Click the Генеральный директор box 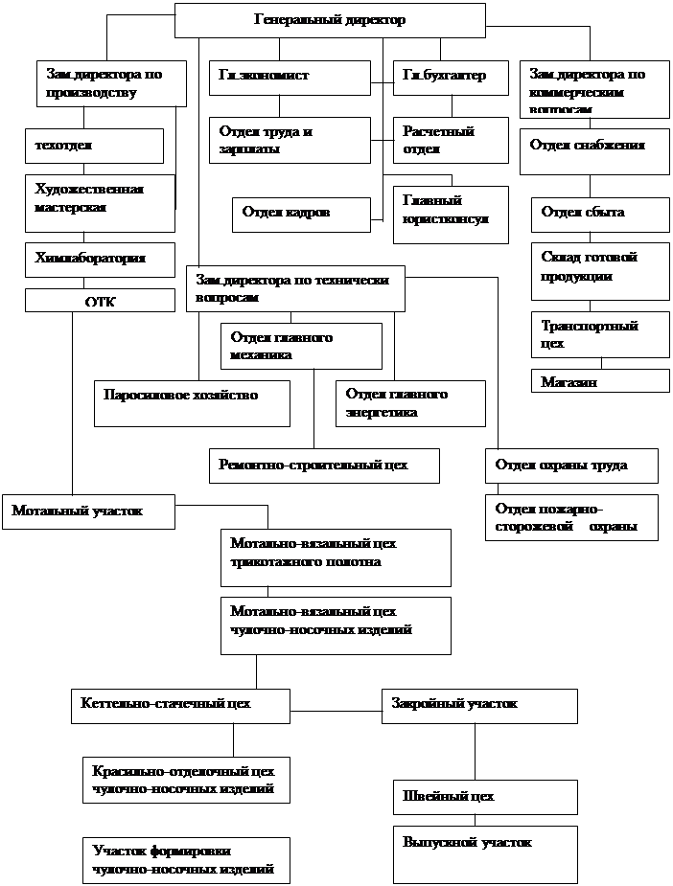[x=330, y=20]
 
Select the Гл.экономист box [x=289, y=78]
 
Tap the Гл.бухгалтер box [x=451, y=78]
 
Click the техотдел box [x=94, y=146]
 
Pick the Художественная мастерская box [x=100, y=202]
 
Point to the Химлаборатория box [x=100, y=260]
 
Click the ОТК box [x=100, y=301]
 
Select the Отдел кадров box [x=300, y=215]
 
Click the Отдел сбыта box [x=600, y=215]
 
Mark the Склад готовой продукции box [x=600, y=269]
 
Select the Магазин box [x=600, y=380]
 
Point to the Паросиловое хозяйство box [x=192, y=402]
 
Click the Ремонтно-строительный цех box [x=324, y=466]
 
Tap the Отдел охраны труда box [x=571, y=466]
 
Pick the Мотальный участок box [x=88, y=511]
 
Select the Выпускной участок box [x=484, y=853]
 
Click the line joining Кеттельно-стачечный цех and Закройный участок [x=336, y=710]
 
